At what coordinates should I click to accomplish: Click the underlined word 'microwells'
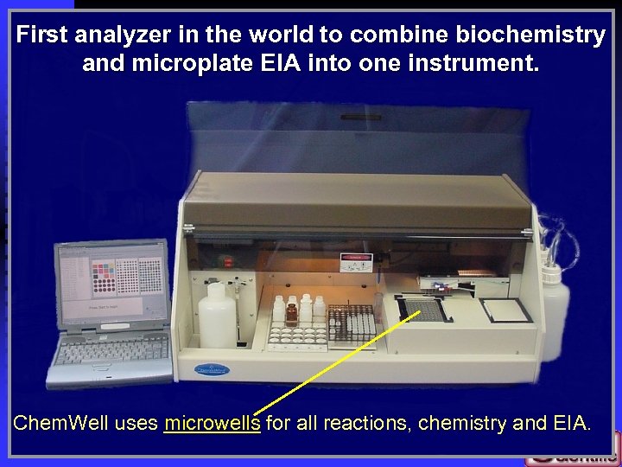(212, 424)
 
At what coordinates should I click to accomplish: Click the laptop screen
(111, 280)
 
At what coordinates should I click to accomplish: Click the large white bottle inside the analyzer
(216, 315)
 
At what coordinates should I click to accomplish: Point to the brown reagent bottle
(292, 311)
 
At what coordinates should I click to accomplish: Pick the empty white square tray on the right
(506, 310)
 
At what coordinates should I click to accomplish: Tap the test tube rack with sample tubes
(353, 323)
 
